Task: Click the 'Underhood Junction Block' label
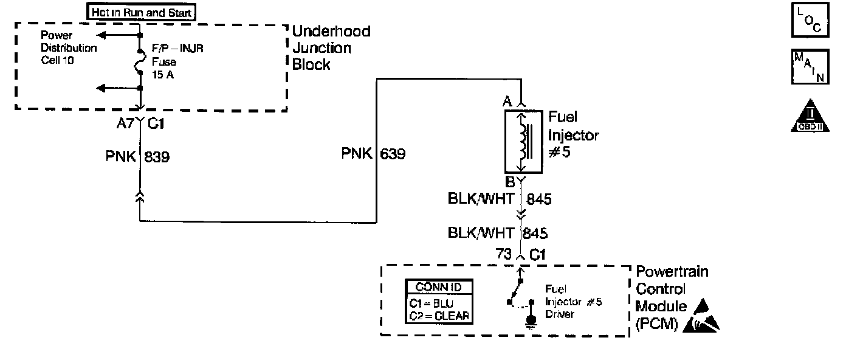point(331,48)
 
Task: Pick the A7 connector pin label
point(125,123)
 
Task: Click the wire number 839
point(157,157)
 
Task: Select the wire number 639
point(393,154)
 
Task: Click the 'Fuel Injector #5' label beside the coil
point(573,134)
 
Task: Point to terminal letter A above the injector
point(507,102)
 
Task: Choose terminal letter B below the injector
point(510,181)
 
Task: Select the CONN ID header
point(439,287)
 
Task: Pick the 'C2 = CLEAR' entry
point(439,315)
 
